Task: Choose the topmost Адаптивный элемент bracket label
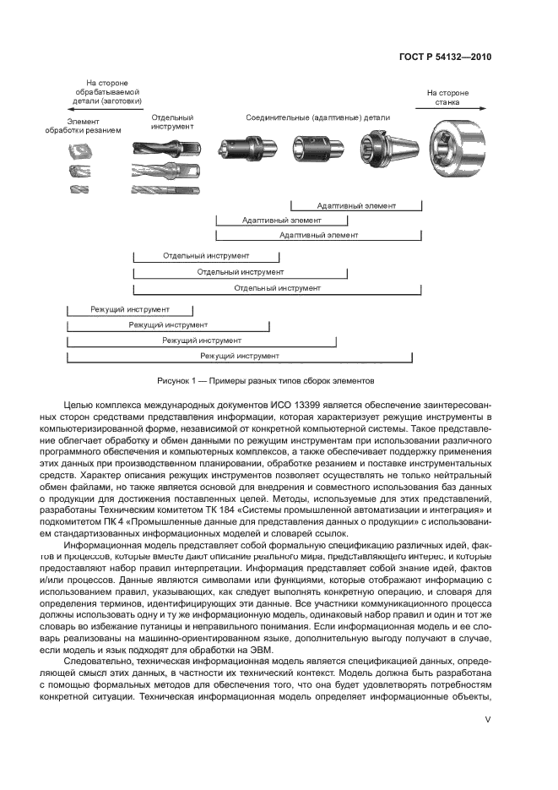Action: click(356, 205)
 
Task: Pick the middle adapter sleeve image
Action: click(317, 150)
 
